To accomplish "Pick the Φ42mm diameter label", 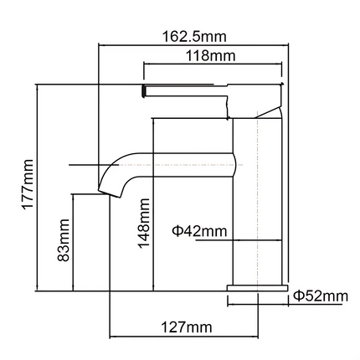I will (x=198, y=230).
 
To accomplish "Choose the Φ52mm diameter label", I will (x=320, y=296).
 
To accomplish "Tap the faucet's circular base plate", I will (x=256, y=290).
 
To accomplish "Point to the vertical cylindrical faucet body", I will (x=256, y=201).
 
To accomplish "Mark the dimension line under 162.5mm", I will (x=194, y=46).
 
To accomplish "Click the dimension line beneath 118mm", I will (x=213, y=64).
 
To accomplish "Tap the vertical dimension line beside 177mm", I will (x=38, y=186).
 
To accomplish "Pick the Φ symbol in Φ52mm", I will (x=298, y=296).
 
